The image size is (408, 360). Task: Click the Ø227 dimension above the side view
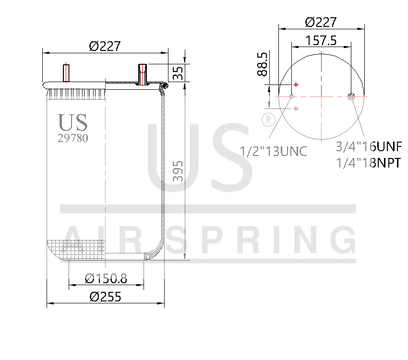[104, 47]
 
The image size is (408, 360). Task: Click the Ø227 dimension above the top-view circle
[321, 22]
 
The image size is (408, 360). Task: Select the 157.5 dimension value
[321, 40]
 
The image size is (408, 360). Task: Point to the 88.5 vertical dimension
[262, 64]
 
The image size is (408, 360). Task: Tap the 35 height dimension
[178, 73]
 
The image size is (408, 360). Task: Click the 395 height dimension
[178, 171]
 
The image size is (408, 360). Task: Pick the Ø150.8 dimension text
[106, 278]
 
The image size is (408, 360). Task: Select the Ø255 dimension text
[105, 296]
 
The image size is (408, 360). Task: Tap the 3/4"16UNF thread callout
[368, 146]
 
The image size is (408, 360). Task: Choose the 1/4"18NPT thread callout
[368, 163]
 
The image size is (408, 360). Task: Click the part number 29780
[72, 138]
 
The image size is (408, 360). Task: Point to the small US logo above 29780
[72, 122]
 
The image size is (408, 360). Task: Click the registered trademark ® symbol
[267, 119]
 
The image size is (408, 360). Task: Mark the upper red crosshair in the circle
[296, 84]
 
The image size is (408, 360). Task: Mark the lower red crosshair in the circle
[296, 109]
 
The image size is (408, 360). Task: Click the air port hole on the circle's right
[351, 97]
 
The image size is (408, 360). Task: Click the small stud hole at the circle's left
[291, 97]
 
